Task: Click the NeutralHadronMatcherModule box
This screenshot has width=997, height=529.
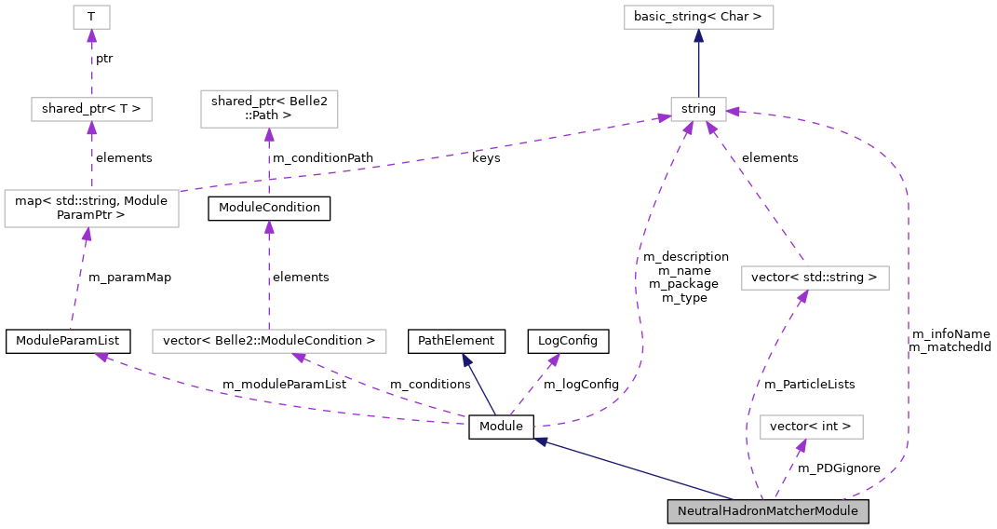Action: (768, 511)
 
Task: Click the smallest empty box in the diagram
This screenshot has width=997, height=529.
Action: (91, 17)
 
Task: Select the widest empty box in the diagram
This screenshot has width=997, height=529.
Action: (269, 341)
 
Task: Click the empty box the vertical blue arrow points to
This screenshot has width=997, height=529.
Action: (698, 17)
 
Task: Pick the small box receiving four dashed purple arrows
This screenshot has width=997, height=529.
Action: (698, 109)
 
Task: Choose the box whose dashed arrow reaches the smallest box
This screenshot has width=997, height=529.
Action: (91, 109)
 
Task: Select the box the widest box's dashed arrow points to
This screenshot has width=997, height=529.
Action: (269, 109)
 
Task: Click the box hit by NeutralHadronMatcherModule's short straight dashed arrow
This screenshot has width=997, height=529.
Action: (812, 427)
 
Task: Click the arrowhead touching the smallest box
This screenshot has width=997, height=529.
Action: (91, 35)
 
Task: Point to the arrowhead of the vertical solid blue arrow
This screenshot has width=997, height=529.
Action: (698, 35)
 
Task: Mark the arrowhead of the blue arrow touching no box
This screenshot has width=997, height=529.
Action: (466, 359)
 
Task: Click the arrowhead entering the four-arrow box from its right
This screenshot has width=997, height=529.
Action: (734, 112)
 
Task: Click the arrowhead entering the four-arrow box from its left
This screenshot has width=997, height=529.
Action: (663, 117)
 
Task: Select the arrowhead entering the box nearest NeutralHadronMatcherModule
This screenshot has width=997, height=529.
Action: (800, 445)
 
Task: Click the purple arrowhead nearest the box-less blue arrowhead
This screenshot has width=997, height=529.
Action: (554, 359)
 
